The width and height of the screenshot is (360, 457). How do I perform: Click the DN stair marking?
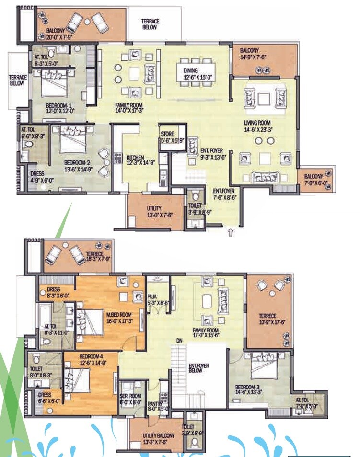(x=180, y=341)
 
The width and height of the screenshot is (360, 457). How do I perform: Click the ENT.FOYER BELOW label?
(x=197, y=368)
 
